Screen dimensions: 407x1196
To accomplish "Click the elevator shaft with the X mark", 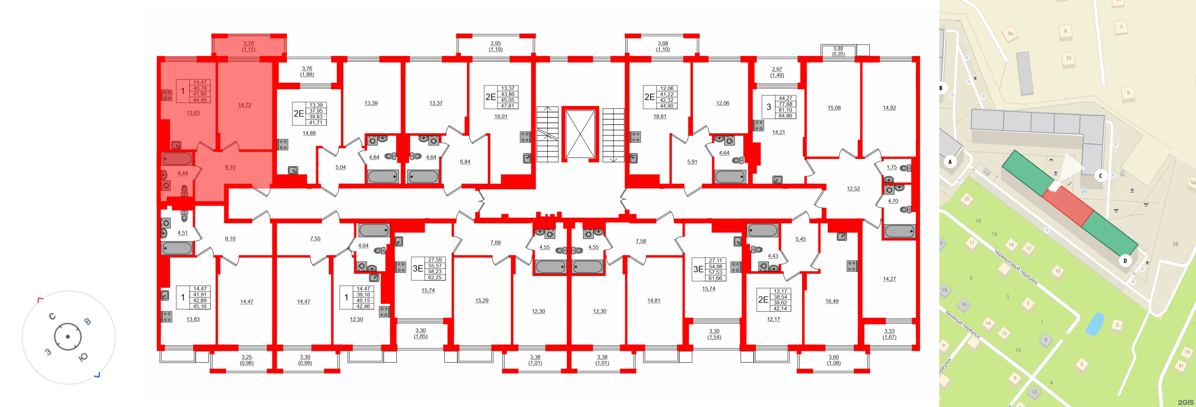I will pyautogui.click(x=580, y=134).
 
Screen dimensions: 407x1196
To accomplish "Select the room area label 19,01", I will pyautogui.click(x=500, y=117).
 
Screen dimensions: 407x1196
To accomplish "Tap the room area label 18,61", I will pyautogui.click(x=659, y=117).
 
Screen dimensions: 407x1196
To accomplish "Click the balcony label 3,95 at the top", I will pyautogui.click(x=495, y=43).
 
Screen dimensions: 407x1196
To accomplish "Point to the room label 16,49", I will pyautogui.click(x=832, y=301).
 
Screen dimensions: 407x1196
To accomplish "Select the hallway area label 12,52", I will pyautogui.click(x=853, y=189).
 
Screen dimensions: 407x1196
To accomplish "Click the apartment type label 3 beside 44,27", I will pyautogui.click(x=768, y=107).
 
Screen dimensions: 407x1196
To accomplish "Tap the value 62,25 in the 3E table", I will pyautogui.click(x=435, y=277).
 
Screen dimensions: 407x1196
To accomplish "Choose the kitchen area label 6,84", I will pyautogui.click(x=465, y=162).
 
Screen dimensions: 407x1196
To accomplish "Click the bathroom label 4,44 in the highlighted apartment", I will pyautogui.click(x=183, y=173).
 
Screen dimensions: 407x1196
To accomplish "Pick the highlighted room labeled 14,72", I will pyautogui.click(x=244, y=105).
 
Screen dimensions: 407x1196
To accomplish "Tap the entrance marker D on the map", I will pyautogui.click(x=1124, y=261).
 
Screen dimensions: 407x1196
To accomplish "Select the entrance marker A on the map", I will pyautogui.click(x=949, y=162).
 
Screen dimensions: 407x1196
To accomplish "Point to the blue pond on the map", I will pyautogui.click(x=1094, y=324).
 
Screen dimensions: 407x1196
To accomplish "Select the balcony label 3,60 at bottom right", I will pyautogui.click(x=833, y=357).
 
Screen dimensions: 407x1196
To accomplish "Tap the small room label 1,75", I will pyautogui.click(x=891, y=167).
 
